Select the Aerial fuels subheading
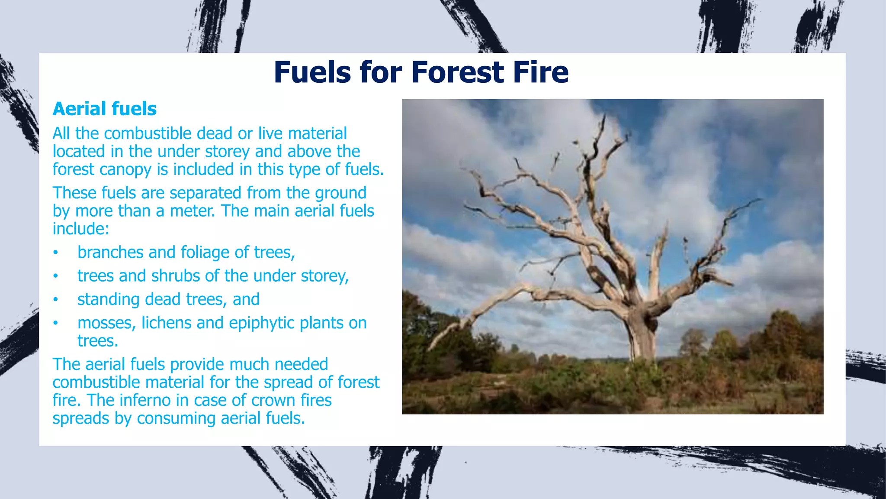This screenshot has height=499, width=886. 104,109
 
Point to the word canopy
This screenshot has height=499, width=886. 126,170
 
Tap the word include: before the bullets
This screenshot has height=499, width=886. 81,229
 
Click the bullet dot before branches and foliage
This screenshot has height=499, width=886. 55,253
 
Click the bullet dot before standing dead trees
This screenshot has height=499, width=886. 55,299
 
